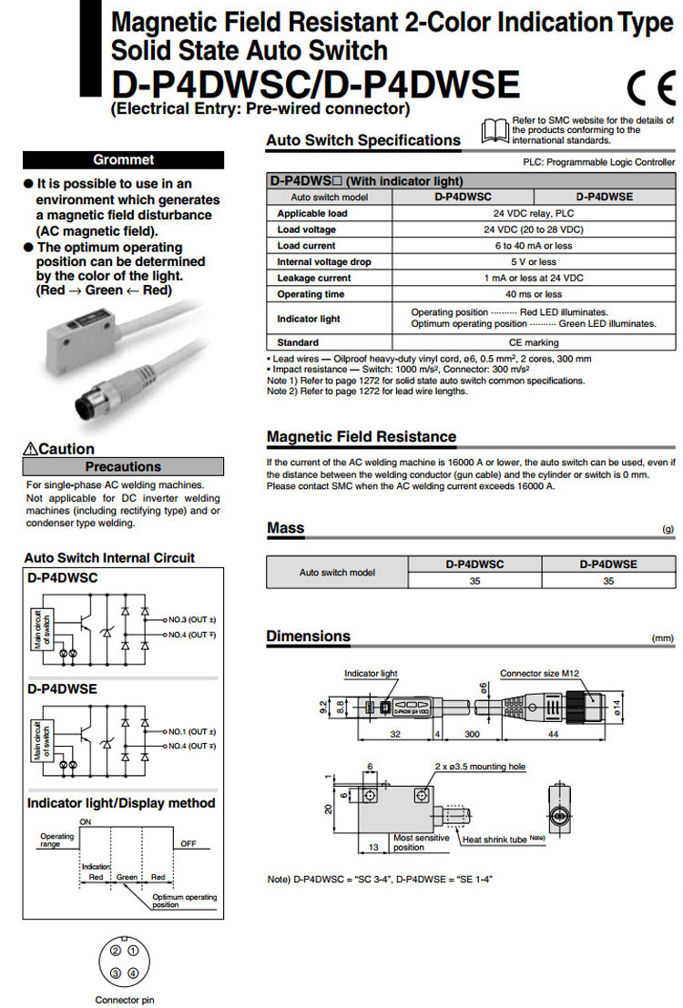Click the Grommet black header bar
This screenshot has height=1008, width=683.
123,160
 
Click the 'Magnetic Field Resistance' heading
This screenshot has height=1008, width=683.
361,436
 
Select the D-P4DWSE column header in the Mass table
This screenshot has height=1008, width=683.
607,565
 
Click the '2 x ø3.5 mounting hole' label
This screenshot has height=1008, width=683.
480,767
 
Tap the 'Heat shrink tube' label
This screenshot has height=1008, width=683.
495,840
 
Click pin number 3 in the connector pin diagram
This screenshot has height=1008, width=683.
116,973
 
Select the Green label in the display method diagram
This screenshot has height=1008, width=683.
126,877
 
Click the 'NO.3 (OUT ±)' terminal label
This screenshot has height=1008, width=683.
189,619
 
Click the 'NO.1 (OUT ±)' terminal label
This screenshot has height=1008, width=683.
189,731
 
